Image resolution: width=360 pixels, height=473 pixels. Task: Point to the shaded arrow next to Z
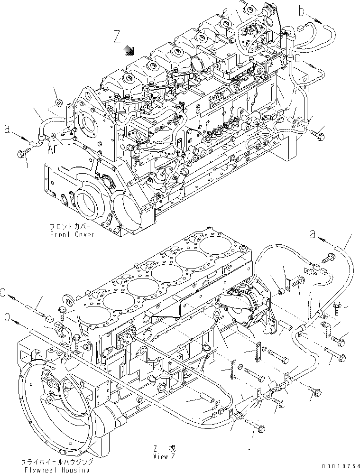129,50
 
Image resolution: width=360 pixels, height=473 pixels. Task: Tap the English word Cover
84,234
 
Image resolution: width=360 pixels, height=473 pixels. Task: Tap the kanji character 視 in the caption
172,448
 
